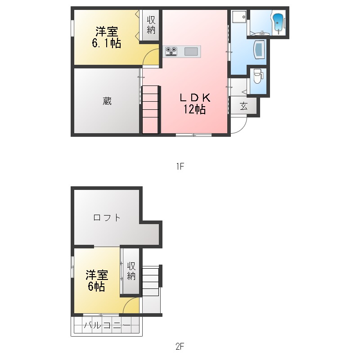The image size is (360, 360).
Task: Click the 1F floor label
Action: pos(180,166)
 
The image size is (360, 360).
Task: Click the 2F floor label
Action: pos(180,346)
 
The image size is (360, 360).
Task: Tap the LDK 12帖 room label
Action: pos(195,103)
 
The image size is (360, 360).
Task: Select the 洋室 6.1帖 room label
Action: pos(107,37)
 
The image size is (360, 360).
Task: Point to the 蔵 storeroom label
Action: pos(107,101)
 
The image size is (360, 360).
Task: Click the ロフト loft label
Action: pos(107,217)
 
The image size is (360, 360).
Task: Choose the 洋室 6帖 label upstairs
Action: pos(97,280)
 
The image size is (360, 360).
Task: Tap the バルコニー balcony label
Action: pos(107,325)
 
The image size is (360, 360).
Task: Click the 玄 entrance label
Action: pos(243,106)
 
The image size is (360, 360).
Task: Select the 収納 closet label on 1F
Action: pos(151,25)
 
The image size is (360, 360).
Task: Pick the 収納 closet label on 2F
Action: pos(131,271)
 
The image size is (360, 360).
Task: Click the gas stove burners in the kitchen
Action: pos(171,51)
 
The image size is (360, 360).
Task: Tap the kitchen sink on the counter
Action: pos(191,51)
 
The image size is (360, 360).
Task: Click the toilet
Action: pos(258,76)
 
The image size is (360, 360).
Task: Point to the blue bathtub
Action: pos(278,22)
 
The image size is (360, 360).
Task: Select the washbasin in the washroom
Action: pos(259,49)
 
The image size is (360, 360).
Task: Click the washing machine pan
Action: pos(239,17)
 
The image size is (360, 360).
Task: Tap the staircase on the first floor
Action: pos(151,109)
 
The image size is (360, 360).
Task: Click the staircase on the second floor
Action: pos(151,281)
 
